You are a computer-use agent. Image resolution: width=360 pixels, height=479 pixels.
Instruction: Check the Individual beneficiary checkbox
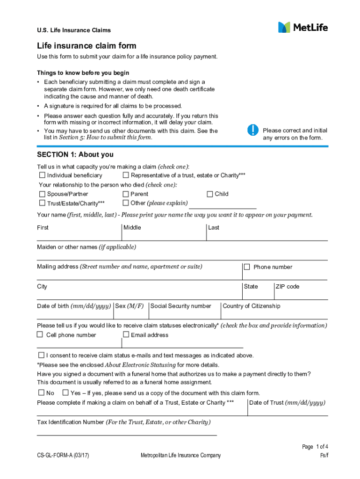[43, 175]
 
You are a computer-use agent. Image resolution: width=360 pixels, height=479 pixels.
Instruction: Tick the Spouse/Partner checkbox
[43, 194]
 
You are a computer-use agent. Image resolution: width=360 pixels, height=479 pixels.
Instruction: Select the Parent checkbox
[126, 194]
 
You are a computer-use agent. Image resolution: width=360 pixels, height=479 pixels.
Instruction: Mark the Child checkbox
[210, 194]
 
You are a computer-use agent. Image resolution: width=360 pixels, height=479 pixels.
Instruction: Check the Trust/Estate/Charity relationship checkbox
[43, 203]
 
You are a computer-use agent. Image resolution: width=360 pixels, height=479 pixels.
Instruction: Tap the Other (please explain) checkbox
[126, 203]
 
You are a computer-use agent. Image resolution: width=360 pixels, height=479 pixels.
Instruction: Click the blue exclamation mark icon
[252, 130]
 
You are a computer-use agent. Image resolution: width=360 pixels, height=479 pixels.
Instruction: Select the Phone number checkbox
[247, 267]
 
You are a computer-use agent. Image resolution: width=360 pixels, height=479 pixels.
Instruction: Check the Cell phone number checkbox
[41, 334]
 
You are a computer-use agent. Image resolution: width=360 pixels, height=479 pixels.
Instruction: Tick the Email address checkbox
[126, 334]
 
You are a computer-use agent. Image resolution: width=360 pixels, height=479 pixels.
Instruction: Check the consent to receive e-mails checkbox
[41, 355]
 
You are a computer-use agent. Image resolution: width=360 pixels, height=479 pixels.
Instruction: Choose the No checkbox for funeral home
[41, 392]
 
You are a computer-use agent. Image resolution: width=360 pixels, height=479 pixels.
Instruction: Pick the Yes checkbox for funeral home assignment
[65, 392]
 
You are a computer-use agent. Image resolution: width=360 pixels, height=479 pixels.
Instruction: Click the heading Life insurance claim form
[87, 46]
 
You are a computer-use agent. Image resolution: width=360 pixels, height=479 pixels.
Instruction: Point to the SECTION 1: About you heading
[75, 155]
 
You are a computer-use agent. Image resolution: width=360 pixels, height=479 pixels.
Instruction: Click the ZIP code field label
[287, 286]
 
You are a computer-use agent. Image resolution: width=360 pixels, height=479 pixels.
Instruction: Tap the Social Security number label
[181, 306]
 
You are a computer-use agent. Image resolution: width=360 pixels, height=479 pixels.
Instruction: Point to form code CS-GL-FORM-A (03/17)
[64, 456]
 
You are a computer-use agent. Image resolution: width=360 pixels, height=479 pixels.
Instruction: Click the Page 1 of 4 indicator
[315, 447]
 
